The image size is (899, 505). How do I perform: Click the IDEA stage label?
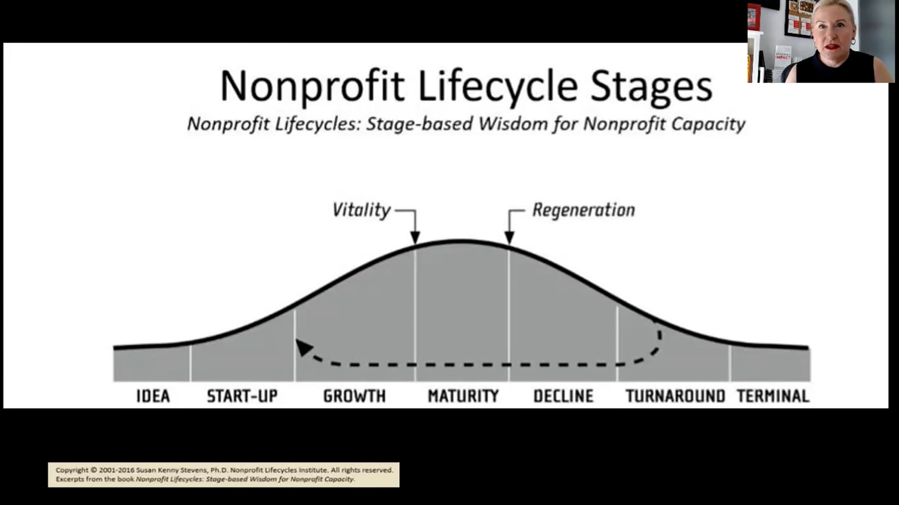click(153, 396)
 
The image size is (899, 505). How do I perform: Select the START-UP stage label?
click(242, 396)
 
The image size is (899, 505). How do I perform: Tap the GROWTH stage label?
click(354, 396)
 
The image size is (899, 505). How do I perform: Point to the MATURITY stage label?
click(463, 396)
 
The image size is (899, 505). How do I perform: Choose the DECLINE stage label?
click(563, 396)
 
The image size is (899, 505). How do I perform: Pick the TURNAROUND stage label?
click(675, 396)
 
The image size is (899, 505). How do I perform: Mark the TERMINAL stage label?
click(773, 396)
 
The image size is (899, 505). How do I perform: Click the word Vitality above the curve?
click(361, 210)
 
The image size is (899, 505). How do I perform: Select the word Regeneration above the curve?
click(584, 210)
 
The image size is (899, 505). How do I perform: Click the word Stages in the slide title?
click(651, 87)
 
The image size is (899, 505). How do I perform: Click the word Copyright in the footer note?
click(72, 470)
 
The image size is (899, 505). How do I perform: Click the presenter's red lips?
click(832, 47)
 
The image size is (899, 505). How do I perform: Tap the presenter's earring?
click(853, 41)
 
